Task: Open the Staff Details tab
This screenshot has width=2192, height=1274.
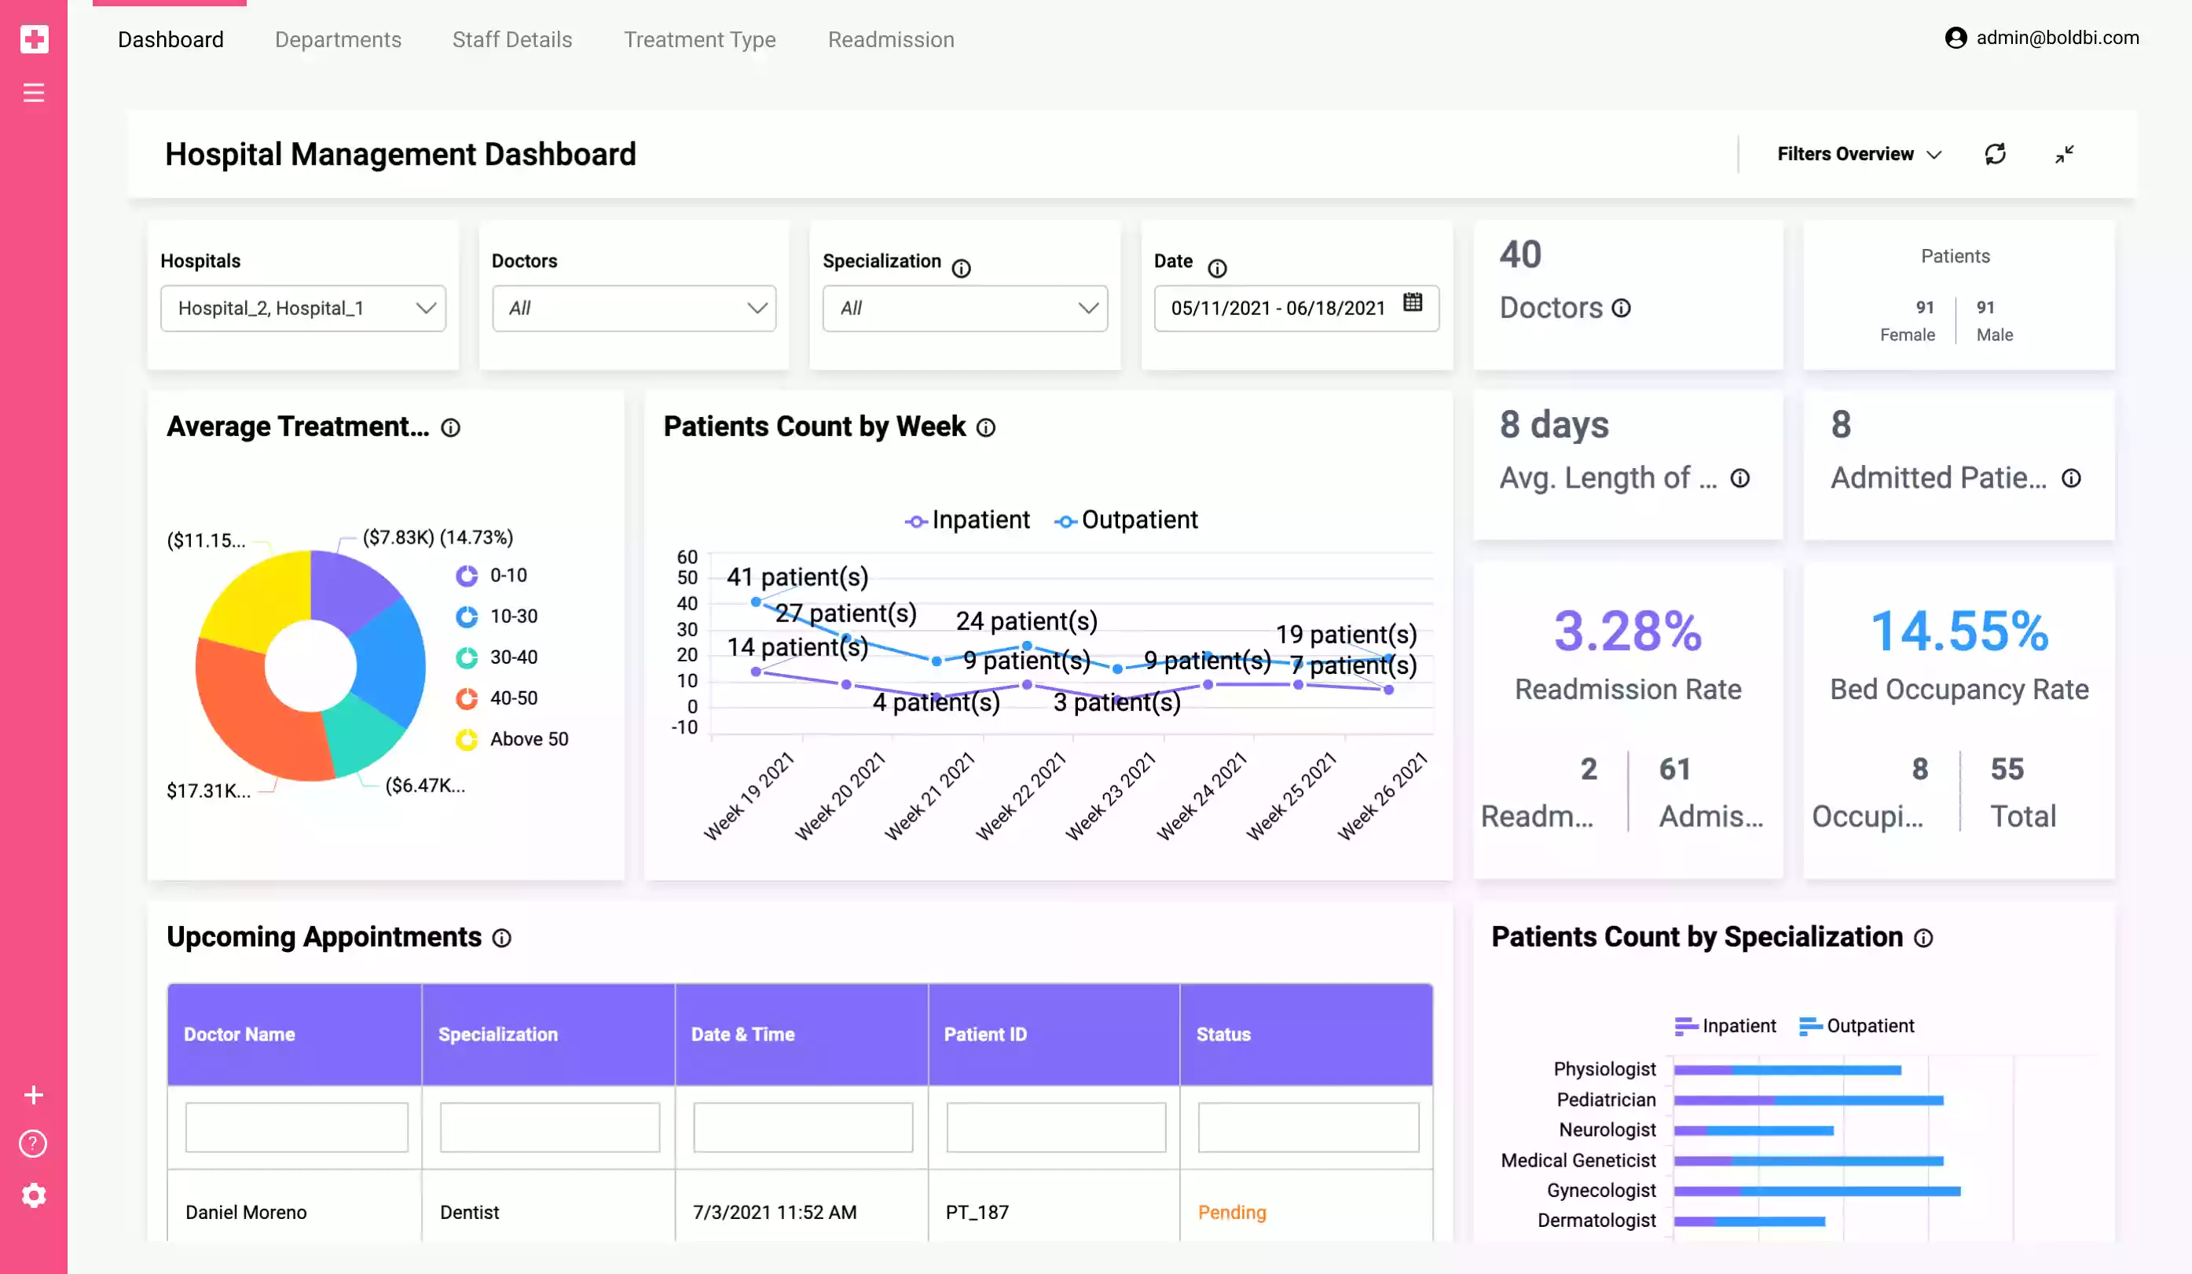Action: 511,40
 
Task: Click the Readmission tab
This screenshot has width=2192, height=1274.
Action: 891,40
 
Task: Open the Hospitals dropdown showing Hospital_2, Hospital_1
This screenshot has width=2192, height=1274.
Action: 302,308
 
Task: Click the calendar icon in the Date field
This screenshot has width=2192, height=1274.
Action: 1413,302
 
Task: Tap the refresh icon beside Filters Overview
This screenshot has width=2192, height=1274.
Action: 1995,154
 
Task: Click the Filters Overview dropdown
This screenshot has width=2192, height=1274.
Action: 1858,154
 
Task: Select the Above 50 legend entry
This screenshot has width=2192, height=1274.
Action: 528,739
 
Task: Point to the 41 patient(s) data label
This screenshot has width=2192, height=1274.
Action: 797,577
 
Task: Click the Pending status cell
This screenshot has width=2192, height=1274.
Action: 1232,1212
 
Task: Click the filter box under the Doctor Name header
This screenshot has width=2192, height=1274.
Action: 297,1127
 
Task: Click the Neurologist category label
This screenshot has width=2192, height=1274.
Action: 1607,1129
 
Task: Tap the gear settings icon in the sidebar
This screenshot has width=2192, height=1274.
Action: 34,1195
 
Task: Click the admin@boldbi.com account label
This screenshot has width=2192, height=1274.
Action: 2056,38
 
